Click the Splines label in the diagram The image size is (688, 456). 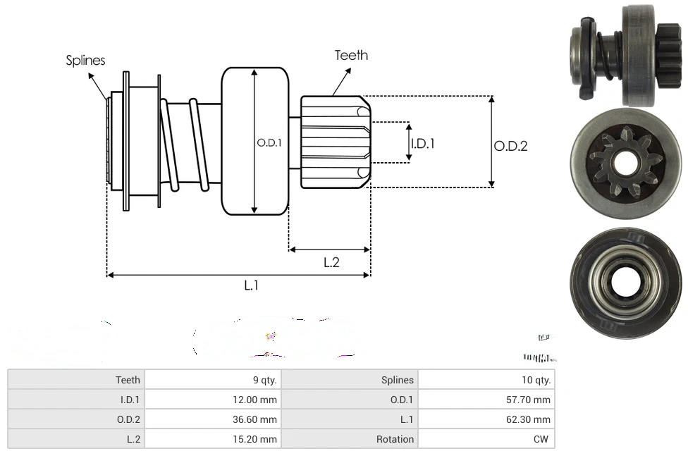[x=85, y=61]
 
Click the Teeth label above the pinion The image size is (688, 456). [x=351, y=55]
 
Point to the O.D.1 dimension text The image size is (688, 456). [x=269, y=142]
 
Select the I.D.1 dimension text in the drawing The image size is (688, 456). [x=423, y=143]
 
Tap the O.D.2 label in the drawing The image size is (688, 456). [x=510, y=146]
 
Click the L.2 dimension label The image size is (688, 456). [x=331, y=262]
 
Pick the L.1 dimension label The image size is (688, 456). [x=252, y=285]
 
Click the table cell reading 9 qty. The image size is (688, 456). [x=265, y=380]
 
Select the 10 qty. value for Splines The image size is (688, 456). [x=536, y=380]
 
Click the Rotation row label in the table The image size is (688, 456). [x=395, y=439]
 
